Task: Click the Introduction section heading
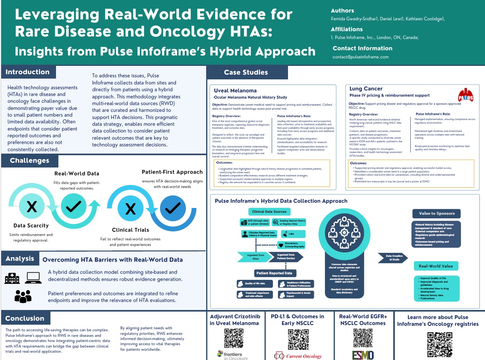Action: click(x=28, y=72)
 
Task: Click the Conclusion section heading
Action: click(x=25, y=318)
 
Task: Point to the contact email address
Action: click(x=361, y=57)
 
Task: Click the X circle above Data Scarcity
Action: click(x=31, y=206)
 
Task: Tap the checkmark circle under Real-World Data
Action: click(x=76, y=205)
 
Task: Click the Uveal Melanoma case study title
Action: click(x=236, y=90)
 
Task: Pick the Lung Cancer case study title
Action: click(x=366, y=89)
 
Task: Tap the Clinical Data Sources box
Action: click(x=269, y=212)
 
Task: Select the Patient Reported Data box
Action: click(x=275, y=273)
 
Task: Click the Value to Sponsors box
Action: click(x=437, y=213)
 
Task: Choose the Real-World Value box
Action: click(x=436, y=266)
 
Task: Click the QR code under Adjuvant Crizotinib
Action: click(x=234, y=338)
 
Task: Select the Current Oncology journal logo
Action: click(x=299, y=356)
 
